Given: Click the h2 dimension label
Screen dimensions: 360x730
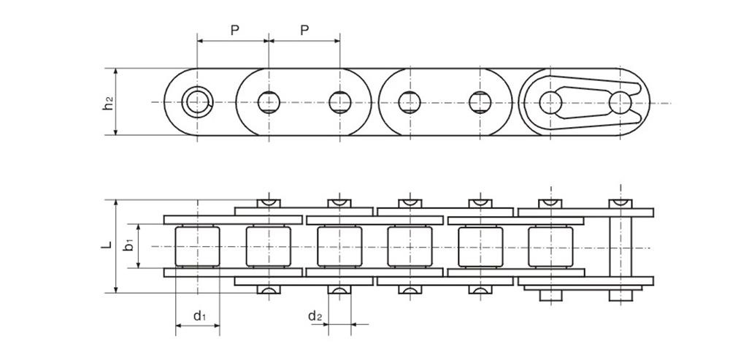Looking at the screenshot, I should [x=108, y=103].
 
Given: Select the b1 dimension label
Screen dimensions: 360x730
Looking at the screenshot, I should [x=128, y=246].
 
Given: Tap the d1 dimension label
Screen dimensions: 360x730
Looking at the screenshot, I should [x=199, y=316].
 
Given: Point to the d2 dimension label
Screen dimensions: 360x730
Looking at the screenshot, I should [x=315, y=316].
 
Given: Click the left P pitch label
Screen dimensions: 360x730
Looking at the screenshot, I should [x=234, y=30].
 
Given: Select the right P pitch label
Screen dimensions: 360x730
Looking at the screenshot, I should [x=304, y=30].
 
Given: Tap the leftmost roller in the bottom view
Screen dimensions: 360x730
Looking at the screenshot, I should [x=197, y=247].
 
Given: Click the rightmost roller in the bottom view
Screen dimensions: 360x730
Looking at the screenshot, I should [x=550, y=247].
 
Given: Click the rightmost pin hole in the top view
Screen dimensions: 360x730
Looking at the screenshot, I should [x=620, y=102].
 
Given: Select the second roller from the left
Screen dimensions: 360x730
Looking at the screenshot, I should [x=268, y=247].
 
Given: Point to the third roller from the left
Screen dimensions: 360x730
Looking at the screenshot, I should [x=339, y=247].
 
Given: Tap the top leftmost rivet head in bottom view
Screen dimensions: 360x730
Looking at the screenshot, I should [x=268, y=202].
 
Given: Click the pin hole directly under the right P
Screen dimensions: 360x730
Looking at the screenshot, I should [x=339, y=102].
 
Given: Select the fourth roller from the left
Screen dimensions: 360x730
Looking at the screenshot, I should [x=409, y=247].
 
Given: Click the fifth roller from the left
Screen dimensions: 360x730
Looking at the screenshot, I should [x=480, y=247].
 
